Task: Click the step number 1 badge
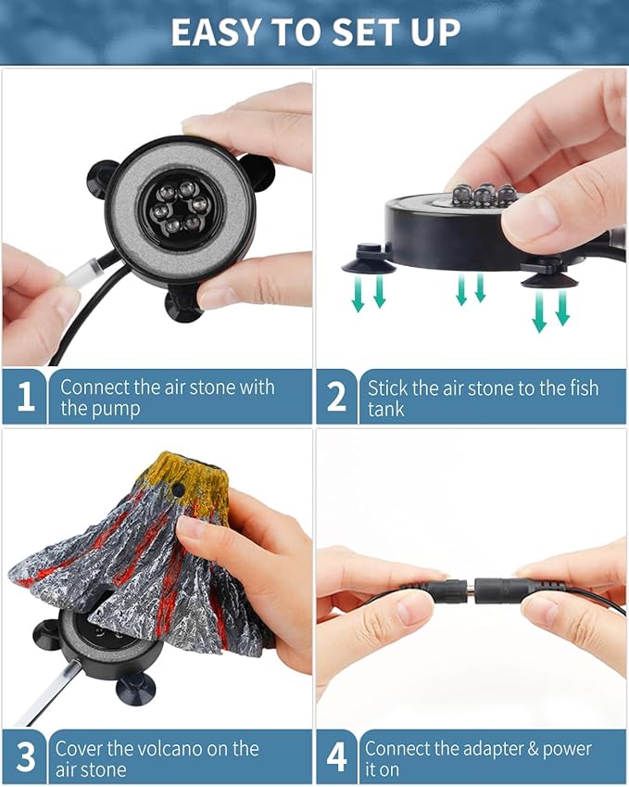click(x=25, y=397)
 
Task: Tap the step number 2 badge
click(x=336, y=397)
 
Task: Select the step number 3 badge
click(x=25, y=757)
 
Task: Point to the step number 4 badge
click(x=336, y=757)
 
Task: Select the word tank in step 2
click(x=385, y=410)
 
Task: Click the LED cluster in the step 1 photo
click(x=180, y=208)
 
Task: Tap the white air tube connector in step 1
click(x=81, y=273)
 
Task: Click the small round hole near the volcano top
click(x=176, y=488)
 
